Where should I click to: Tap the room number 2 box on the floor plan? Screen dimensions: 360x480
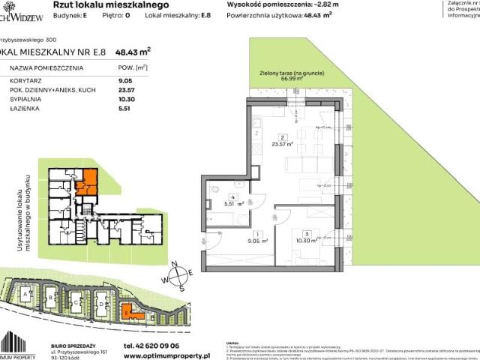pos(280,136)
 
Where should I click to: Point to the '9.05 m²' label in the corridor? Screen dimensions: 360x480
pos(241,242)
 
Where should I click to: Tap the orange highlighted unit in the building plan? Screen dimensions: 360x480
pos(87,181)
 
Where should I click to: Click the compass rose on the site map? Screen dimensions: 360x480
pos(179,277)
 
